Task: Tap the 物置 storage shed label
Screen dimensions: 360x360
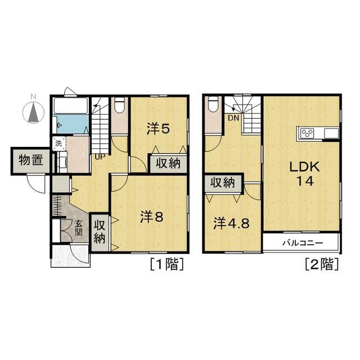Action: click(31, 160)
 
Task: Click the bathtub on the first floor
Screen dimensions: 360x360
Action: click(71, 106)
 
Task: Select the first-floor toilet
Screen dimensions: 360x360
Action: click(120, 105)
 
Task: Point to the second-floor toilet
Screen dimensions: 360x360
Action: click(213, 104)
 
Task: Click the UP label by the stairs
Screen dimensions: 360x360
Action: click(100, 157)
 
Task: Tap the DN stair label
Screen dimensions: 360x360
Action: click(233, 118)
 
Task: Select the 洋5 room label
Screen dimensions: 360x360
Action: click(158, 129)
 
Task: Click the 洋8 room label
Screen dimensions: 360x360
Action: click(152, 217)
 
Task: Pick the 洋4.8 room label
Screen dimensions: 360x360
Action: click(231, 223)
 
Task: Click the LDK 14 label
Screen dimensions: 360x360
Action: click(305, 174)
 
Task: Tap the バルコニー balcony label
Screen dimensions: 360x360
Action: click(303, 242)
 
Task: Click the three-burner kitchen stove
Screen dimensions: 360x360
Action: click(307, 133)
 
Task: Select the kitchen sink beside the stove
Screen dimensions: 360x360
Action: click(331, 133)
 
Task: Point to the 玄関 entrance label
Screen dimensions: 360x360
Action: click(79, 228)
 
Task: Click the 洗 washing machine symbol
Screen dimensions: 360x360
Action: click(59, 144)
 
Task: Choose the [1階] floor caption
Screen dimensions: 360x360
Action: click(166, 264)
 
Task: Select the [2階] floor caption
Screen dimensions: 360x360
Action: click(322, 264)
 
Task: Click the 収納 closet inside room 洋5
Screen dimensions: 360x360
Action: click(168, 164)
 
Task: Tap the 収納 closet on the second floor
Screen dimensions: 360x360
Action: click(223, 183)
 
